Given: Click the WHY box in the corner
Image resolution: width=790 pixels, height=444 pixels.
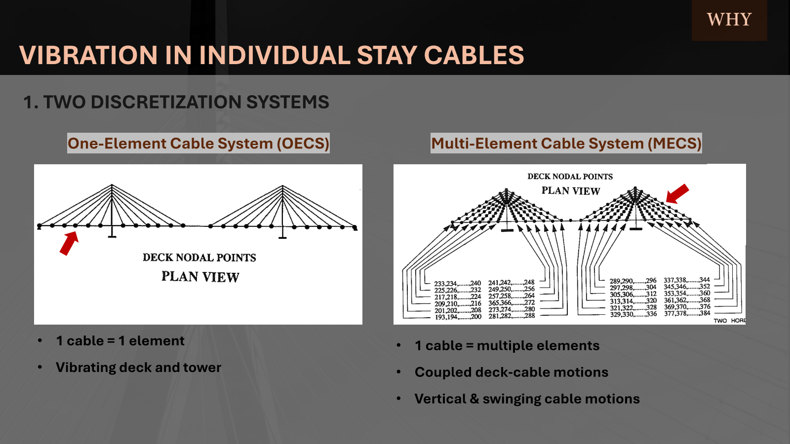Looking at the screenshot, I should point(729,20).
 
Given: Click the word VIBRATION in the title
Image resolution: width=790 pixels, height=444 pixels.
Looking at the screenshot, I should point(87,55).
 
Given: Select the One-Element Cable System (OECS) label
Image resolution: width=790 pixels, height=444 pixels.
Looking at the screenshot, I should point(198,144).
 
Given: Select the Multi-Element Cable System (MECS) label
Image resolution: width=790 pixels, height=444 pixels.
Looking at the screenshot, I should point(566,144).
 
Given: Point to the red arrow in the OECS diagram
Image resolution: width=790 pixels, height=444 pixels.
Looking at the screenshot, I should point(69,243).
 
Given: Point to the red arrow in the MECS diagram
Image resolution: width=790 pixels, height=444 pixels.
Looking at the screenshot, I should point(677,193).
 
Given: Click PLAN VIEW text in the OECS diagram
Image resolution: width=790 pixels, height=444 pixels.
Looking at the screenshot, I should point(200,277).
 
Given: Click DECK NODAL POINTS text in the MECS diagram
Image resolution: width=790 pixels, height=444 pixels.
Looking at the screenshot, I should point(570,177).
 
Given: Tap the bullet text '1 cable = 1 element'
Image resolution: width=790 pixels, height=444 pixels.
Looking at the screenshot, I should point(120,341).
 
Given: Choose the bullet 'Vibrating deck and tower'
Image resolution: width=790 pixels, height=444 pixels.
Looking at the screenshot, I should point(138,368).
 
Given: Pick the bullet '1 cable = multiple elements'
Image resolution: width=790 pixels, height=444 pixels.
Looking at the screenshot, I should point(507,346).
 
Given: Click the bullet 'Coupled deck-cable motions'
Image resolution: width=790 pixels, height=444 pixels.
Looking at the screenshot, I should point(511,372).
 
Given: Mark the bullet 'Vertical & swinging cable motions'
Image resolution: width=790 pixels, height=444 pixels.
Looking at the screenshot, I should point(527,399).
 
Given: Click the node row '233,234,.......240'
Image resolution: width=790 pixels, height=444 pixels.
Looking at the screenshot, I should point(457,284).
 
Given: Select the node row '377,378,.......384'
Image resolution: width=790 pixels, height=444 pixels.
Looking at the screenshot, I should point(687,313).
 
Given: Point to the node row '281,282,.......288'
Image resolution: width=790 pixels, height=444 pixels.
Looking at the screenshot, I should point(512,316).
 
